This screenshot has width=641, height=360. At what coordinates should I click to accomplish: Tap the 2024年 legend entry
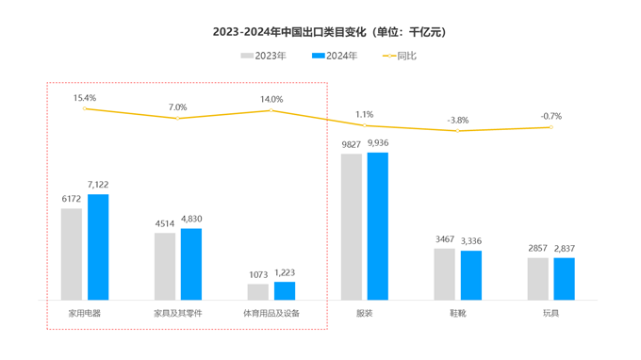(336, 56)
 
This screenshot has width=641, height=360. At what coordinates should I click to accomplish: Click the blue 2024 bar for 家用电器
(98, 247)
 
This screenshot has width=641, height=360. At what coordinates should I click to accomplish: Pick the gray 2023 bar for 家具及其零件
(165, 266)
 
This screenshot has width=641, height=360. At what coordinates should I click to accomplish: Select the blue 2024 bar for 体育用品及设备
(284, 290)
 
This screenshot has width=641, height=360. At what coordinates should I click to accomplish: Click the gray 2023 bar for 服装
(352, 226)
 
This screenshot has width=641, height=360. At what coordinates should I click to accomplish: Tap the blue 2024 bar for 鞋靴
(470, 275)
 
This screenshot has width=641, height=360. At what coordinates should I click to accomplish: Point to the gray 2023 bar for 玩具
(537, 278)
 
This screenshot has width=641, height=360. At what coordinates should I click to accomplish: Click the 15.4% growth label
(85, 97)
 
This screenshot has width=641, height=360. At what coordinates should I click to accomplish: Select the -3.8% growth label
(457, 120)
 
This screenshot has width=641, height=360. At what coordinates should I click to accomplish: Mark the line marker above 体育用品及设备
(271, 110)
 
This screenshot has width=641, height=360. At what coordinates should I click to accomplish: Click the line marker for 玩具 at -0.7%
(551, 127)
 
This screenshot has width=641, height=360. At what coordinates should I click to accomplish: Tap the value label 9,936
(377, 142)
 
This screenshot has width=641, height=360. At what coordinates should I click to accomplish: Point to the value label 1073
(258, 273)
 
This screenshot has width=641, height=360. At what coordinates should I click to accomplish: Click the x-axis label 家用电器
(85, 312)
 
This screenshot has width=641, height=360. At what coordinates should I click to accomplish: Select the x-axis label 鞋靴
(457, 312)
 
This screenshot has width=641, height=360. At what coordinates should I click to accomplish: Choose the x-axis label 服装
(364, 312)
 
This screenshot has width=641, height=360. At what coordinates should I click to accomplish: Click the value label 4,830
(191, 219)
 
